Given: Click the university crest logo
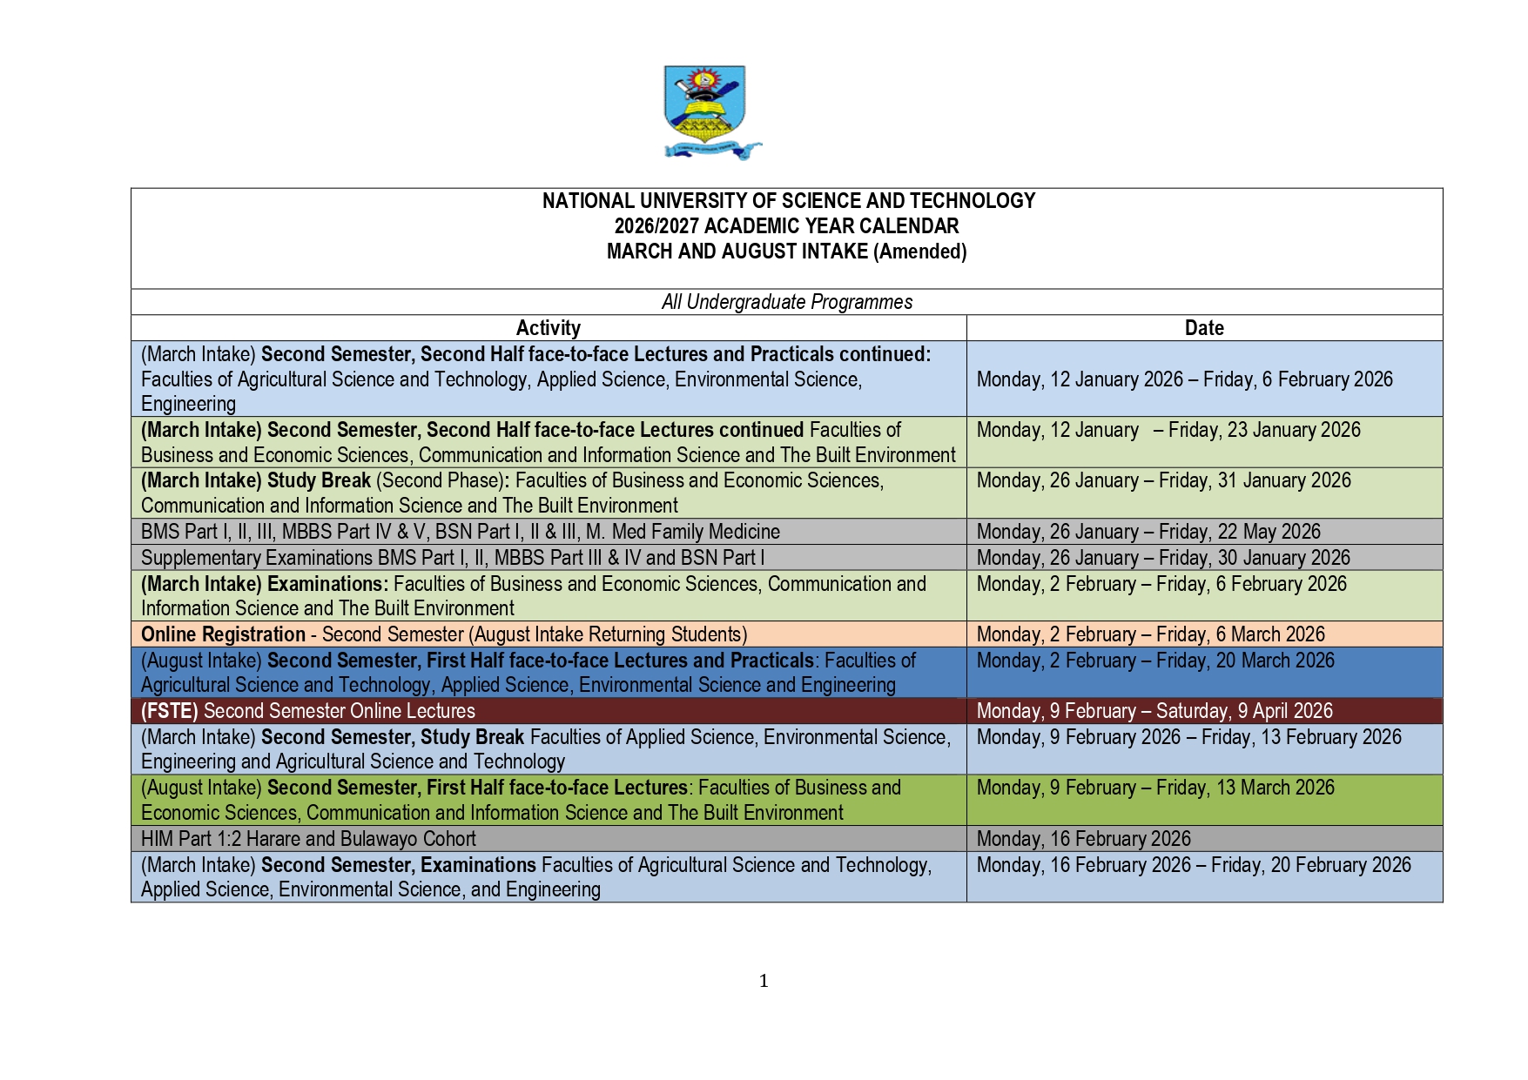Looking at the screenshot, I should coord(706,111).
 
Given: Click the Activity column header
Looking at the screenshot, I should coord(548,328).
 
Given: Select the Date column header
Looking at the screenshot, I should coord(1204,328).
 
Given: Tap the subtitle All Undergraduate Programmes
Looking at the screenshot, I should coord(786,302).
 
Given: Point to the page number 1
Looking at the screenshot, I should coord(764,981).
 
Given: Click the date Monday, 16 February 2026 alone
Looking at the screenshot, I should coord(1083,839).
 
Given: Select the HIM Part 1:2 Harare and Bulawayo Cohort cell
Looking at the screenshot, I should coord(308,839).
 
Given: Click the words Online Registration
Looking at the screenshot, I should coord(223,634).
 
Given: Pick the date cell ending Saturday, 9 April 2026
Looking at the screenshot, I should coord(1154,711).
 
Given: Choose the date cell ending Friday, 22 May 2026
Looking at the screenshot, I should coord(1148,532).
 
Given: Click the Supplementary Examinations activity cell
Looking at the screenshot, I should coord(452,558).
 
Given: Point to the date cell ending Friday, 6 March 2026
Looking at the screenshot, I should coord(1150,634).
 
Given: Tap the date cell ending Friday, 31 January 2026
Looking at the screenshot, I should coord(1163,480).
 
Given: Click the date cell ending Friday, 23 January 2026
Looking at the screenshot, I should coord(1168,430).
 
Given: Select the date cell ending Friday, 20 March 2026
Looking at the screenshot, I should coord(1155,661).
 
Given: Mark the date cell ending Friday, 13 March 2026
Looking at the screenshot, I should coord(1155,788).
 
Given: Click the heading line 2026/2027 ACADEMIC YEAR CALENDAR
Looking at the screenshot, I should coord(786,226).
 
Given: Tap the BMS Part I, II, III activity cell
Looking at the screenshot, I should coord(460,532).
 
